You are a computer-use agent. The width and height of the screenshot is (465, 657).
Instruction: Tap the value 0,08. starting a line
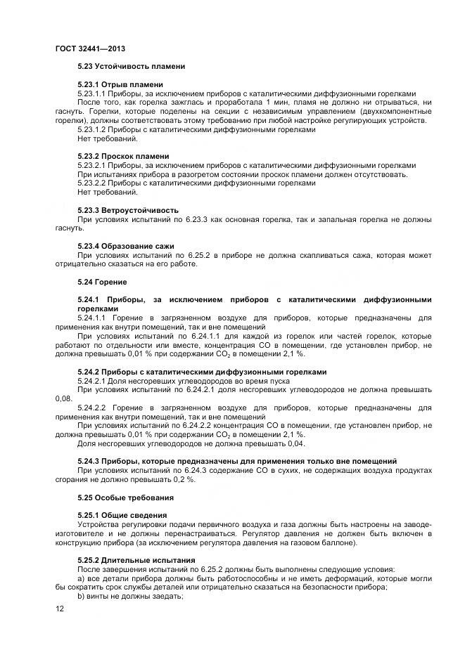pyautogui.click(x=63, y=398)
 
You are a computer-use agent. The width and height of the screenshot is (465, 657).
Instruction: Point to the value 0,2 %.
pyautogui.click(x=186, y=479)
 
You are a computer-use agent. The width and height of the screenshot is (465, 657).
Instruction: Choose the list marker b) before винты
pyautogui.click(x=81, y=596)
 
